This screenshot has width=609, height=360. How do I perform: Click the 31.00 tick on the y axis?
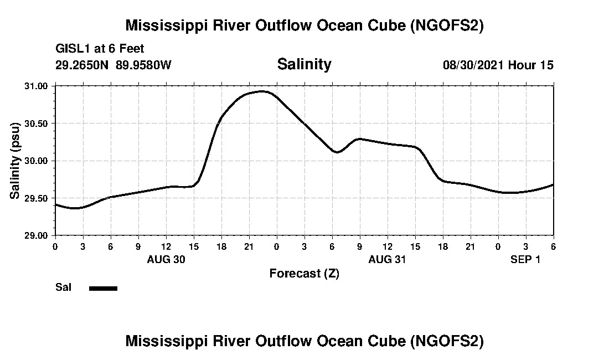tap(37, 86)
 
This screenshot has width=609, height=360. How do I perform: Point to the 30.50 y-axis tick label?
tap(37, 123)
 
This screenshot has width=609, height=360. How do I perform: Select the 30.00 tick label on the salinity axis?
tap(37, 161)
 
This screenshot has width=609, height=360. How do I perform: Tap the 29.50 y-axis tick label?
tap(37, 198)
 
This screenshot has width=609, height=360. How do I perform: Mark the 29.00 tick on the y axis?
tap(37, 235)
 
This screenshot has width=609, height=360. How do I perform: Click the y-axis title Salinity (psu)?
tap(16, 161)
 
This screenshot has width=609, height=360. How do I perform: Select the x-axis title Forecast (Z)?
tap(304, 273)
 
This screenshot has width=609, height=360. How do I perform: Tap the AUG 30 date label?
tap(166, 259)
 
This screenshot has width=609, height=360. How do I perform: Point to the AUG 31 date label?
tap(388, 259)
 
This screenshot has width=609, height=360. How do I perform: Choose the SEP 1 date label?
tap(525, 259)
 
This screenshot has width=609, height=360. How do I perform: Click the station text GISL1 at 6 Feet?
tap(100, 49)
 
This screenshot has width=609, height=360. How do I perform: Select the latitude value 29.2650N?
tap(82, 65)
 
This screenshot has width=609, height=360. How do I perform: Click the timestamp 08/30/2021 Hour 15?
tap(498, 65)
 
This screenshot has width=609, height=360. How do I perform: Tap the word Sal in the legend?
tap(63, 287)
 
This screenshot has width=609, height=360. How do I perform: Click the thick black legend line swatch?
tap(104, 288)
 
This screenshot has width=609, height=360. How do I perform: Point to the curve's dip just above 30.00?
tap(337, 152)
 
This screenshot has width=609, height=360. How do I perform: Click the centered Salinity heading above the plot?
tap(304, 64)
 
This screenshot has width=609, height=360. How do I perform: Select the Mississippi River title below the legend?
tap(304, 341)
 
